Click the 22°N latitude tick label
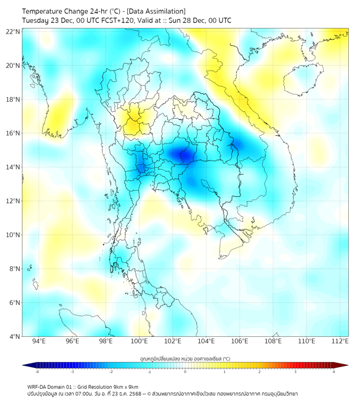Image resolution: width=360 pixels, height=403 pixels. coord(13,31)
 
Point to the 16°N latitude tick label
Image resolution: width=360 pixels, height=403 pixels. coord(13,133)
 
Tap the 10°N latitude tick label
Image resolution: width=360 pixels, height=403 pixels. coord(13,235)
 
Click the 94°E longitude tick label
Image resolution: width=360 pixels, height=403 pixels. coord(39,341)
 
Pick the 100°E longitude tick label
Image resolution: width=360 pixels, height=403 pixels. coord(139,341)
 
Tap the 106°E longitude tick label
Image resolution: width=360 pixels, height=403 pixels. coord(240,341)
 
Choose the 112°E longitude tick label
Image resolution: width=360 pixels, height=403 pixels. coord(340,341)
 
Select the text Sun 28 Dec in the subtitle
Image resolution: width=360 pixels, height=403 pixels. coord(185,21)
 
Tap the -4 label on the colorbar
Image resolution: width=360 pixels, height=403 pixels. coord(37,372)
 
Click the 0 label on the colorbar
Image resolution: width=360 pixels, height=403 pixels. coord(185,372)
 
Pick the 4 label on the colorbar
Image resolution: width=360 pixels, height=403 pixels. coord(334,372)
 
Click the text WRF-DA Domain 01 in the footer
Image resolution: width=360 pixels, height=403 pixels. coord(50,387)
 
